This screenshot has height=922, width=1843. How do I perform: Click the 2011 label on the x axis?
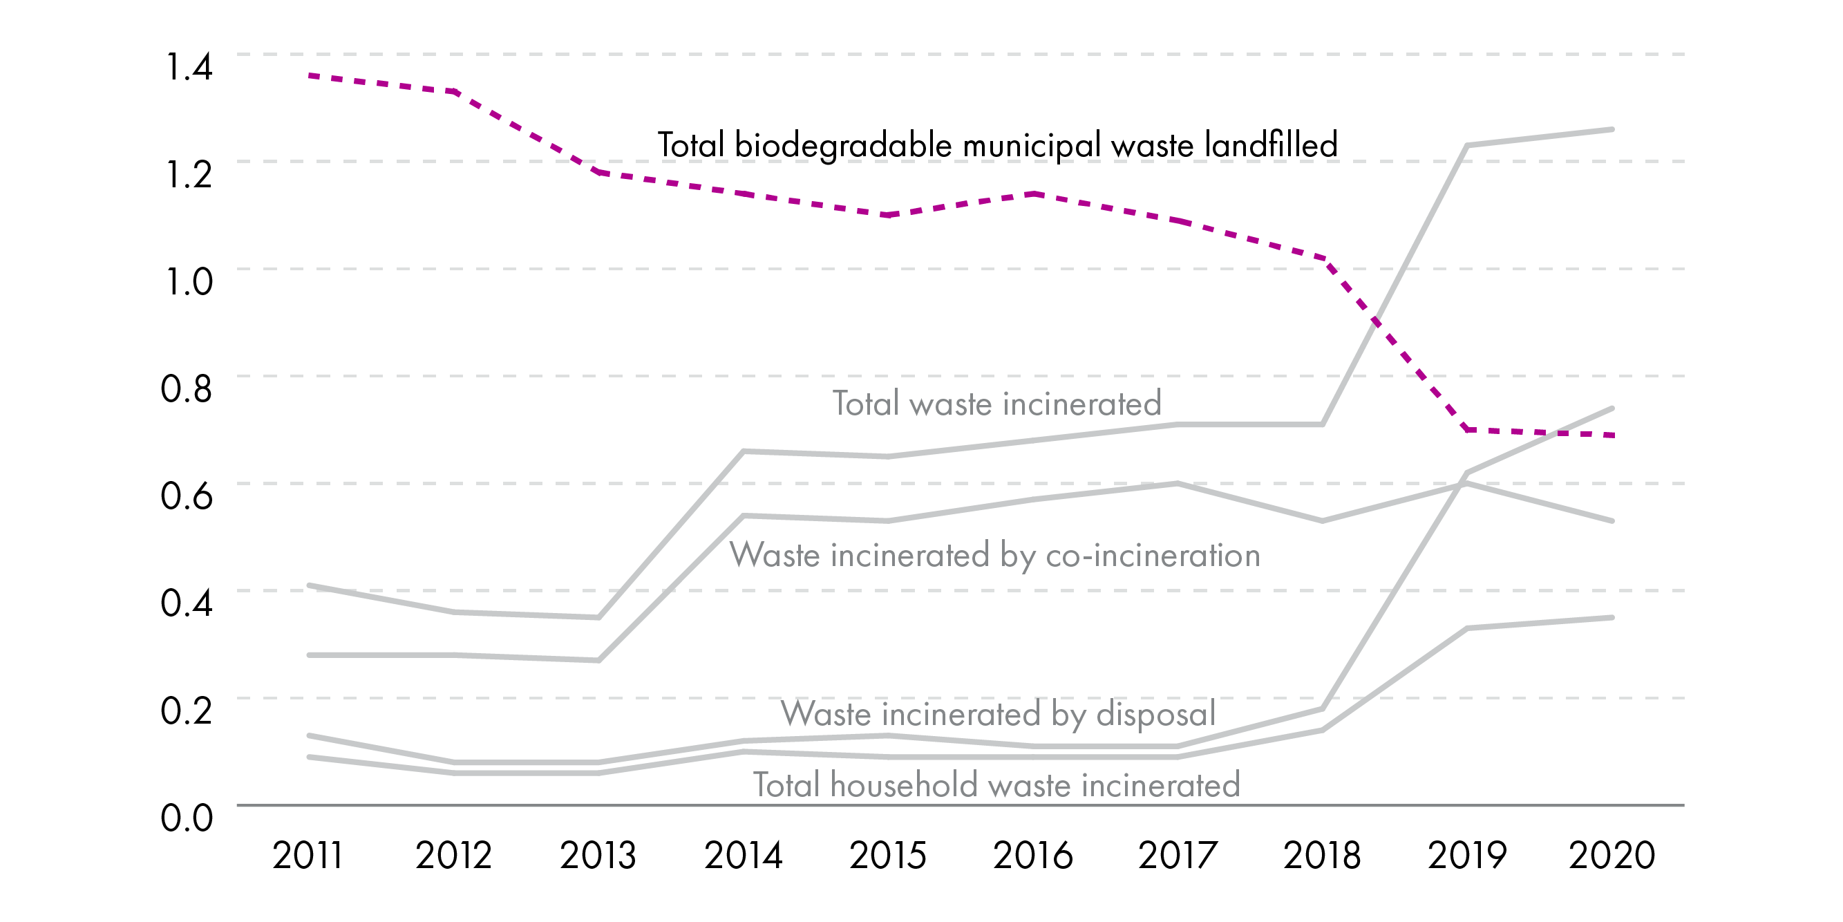pos(308,856)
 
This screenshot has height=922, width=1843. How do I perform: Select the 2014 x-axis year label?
pos(744,856)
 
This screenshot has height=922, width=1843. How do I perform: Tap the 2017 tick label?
pos(1178,856)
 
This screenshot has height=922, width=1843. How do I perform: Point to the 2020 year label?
pos(1612,856)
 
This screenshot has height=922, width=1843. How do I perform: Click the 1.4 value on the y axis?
pos(189,66)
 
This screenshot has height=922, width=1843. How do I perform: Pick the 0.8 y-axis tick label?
pos(186,388)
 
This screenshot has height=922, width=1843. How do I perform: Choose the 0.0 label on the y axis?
pos(186,818)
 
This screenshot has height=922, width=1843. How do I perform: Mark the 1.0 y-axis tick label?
pos(189,281)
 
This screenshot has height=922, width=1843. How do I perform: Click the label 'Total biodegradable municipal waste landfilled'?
pos(997,145)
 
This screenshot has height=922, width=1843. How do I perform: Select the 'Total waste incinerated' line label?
pos(996,404)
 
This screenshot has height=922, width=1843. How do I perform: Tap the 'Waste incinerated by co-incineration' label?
pos(994,556)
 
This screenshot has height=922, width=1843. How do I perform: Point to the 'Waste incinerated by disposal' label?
pos(998,714)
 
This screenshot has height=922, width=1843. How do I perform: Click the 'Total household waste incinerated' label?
pos(996,785)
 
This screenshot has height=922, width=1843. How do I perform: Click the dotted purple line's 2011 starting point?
pos(309,75)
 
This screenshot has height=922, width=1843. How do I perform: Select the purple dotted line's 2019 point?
pos(1467,429)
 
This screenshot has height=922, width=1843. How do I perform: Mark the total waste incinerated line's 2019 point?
pos(1467,146)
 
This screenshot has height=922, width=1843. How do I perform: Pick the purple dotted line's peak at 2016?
pos(1034,194)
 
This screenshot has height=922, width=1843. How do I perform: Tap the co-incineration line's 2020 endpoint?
pos(1612,520)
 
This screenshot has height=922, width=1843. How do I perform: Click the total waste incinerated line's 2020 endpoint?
pos(1612,129)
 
